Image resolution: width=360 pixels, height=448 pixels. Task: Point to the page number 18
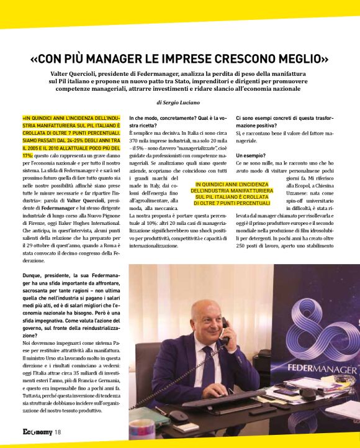pyautogui.click(x=57, y=432)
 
